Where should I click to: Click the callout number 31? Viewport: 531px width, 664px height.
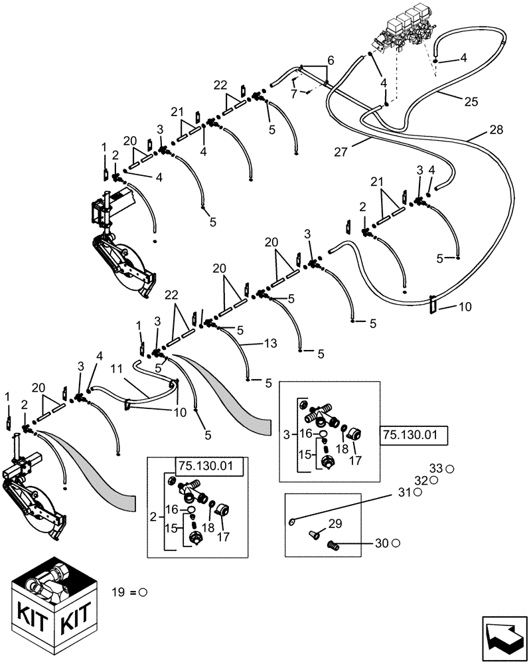(x=404, y=493)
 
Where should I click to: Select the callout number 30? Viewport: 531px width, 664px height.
(x=381, y=543)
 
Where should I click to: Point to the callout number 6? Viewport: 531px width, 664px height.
(x=331, y=60)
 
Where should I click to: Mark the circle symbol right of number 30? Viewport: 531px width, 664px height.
(x=396, y=543)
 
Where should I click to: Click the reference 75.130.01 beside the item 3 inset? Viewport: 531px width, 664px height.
(x=414, y=436)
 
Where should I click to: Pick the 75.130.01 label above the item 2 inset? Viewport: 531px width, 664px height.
(x=209, y=466)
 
